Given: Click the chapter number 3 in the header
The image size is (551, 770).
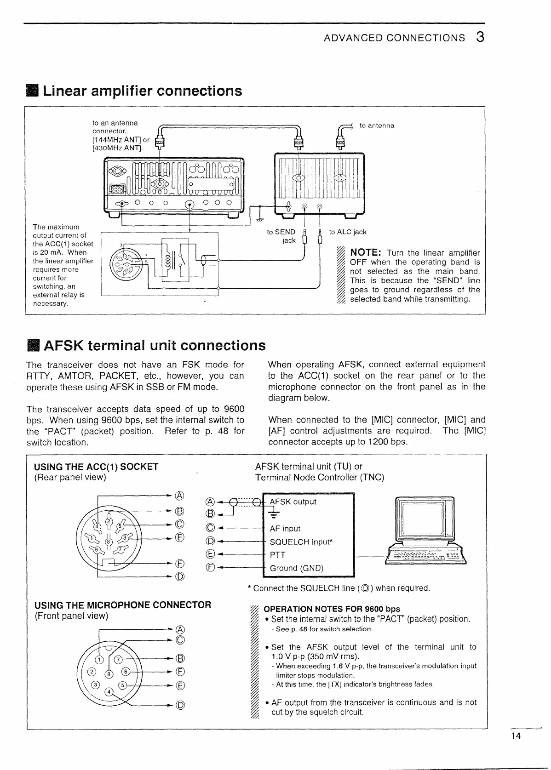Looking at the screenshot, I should click(480, 37).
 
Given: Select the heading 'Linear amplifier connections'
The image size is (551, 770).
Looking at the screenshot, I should click(142, 91).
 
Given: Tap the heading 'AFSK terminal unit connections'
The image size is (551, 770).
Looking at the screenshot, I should click(154, 345).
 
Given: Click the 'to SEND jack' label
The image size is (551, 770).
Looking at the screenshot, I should click(281, 236).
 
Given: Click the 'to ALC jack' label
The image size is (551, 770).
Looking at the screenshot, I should click(348, 232).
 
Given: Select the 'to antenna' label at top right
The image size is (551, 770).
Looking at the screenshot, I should click(377, 125).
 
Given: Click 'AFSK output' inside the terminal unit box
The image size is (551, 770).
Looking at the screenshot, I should click(293, 502).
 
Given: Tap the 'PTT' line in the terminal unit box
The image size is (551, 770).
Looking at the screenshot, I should click(277, 555).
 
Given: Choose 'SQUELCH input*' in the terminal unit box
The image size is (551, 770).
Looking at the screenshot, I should click(301, 542).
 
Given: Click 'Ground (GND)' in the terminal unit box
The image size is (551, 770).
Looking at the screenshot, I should click(296, 568).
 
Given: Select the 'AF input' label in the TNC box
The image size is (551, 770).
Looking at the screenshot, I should click(285, 529).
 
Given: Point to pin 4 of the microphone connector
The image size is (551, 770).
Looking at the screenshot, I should click(109, 691).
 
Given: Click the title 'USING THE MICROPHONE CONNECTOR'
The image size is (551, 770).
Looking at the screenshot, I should click(123, 605).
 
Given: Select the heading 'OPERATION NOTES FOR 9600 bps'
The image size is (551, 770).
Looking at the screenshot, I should click(332, 609).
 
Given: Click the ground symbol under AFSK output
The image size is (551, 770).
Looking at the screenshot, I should click(273, 514).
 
